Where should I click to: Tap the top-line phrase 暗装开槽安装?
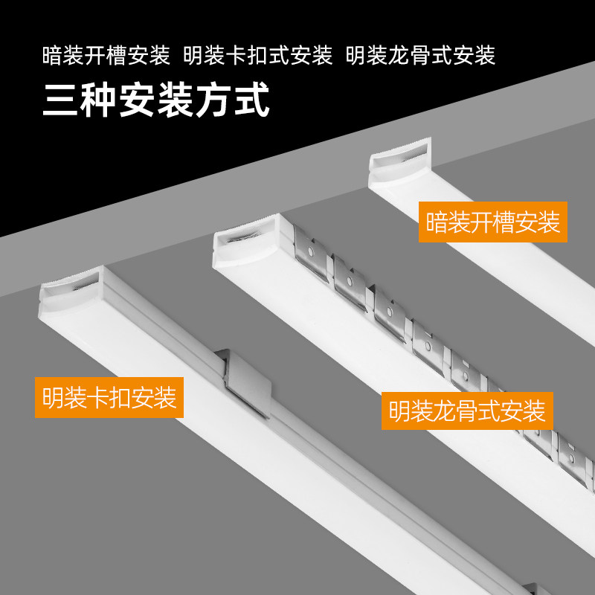(106, 56)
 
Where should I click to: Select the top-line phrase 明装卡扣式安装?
(257, 56)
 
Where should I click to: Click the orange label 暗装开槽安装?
(493, 222)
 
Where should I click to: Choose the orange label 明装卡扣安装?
(109, 397)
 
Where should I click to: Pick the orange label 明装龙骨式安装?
(467, 410)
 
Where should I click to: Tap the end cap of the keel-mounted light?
(245, 246)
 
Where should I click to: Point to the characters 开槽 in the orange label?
(493, 222)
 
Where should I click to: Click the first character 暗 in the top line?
(52, 56)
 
